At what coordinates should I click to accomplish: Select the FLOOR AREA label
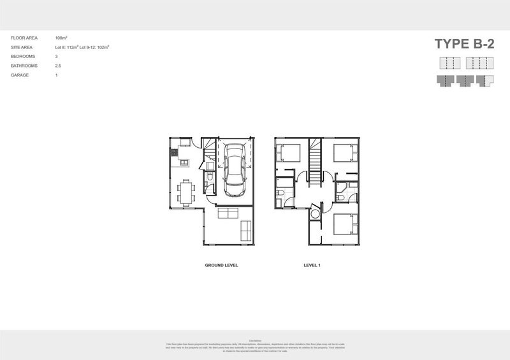click(23, 38)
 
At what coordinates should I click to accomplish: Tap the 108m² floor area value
click(62, 38)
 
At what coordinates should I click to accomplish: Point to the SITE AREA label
click(22, 48)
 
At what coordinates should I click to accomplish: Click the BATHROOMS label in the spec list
click(24, 66)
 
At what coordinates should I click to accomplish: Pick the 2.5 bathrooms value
click(59, 66)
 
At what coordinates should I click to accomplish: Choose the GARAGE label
click(20, 75)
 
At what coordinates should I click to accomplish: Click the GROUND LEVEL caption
click(221, 264)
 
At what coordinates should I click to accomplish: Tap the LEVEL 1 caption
click(312, 264)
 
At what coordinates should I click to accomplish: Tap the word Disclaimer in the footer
click(255, 340)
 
